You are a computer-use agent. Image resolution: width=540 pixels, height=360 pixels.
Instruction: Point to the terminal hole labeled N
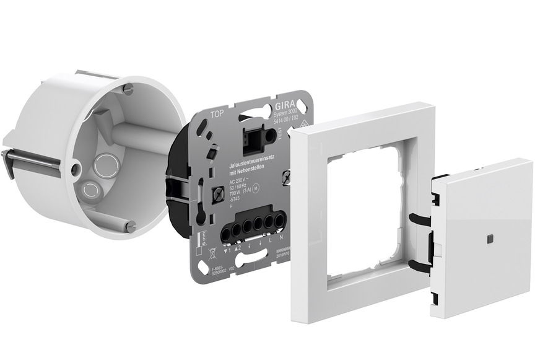[x=281, y=219]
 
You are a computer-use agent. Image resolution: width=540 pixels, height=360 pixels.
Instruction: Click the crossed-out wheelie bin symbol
[x=214, y=251]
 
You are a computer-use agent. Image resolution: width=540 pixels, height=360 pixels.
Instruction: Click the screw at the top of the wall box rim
[x=127, y=89]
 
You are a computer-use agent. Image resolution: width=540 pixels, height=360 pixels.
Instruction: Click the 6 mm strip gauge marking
[x=206, y=233]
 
